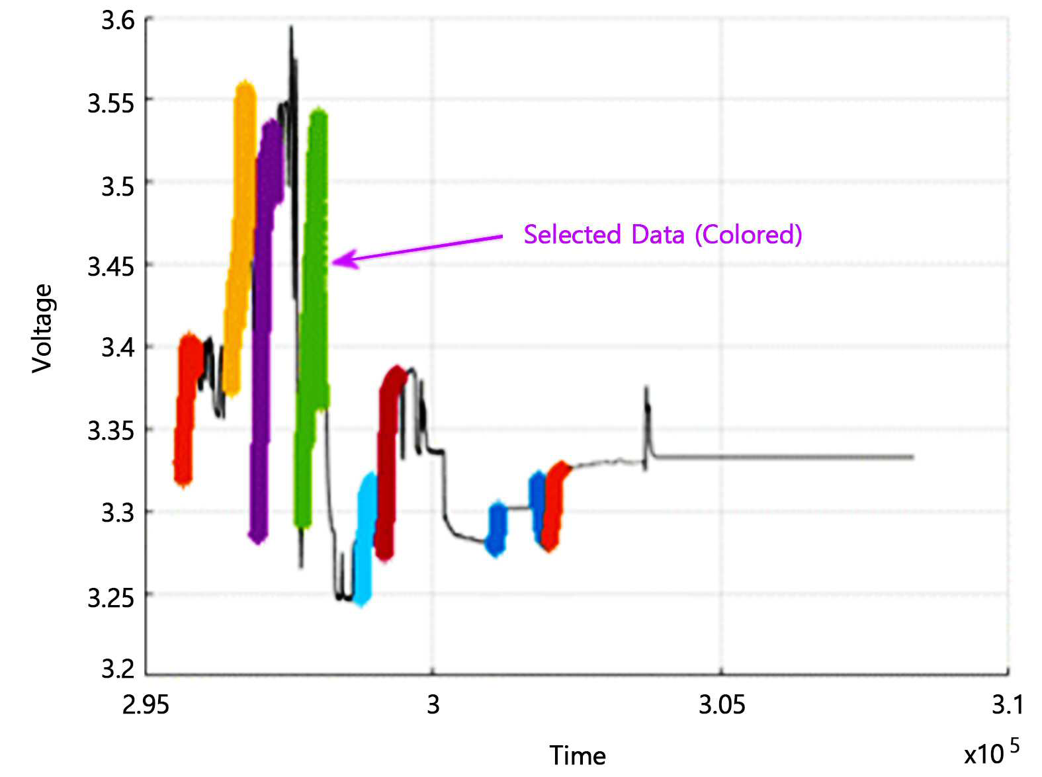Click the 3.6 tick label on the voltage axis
tap(118, 21)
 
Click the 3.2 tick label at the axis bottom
tap(118, 669)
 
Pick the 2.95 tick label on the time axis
tap(146, 705)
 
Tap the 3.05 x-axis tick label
tap(722, 705)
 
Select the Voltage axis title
tap(42, 329)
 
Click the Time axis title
tap(578, 755)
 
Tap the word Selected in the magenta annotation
tap(572, 234)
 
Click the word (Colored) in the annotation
tap(749, 234)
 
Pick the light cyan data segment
tap(366, 538)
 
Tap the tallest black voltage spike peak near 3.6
tap(291, 28)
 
